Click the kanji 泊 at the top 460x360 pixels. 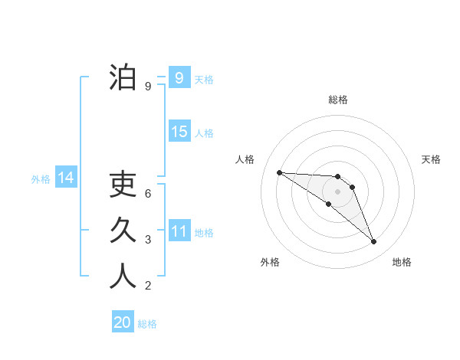coord(123,77)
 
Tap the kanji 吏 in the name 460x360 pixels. coord(123,185)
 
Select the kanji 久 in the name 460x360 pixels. coord(123,231)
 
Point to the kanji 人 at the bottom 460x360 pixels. coord(123,277)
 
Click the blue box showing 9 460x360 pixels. coord(179,77)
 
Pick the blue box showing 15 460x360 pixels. coord(179,132)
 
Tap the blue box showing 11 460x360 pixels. coord(179,231)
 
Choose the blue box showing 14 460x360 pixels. coord(66,178)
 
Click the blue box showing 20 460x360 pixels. coord(123,322)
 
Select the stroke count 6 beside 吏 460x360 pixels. coord(148,194)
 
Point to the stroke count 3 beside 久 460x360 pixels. coord(148,240)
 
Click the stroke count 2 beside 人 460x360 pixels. coord(148,286)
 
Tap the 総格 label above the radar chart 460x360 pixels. coord(337,100)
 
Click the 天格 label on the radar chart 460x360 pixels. coord(432,159)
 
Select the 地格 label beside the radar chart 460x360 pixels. coord(402,262)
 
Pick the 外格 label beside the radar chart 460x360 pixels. coord(270,262)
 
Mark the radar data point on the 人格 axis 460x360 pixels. coord(279,172)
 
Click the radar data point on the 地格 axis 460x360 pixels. coord(373,242)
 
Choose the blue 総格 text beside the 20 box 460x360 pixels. coord(147,324)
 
